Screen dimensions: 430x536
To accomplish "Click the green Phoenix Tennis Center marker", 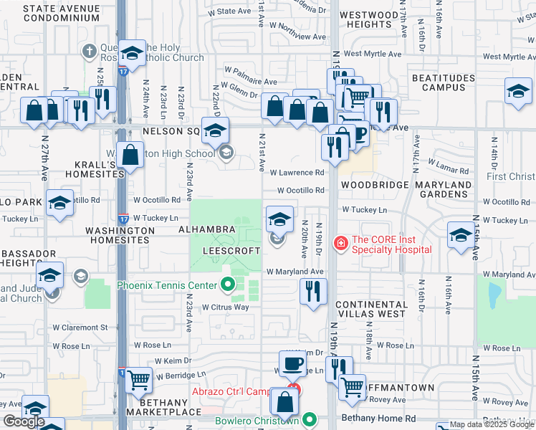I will [228, 286].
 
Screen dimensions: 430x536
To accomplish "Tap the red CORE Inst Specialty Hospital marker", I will [340, 244].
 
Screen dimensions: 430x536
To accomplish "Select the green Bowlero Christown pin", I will [310, 419].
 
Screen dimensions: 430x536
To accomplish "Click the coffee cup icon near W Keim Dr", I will [292, 364].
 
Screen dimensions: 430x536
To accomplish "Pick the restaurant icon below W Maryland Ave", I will [312, 290].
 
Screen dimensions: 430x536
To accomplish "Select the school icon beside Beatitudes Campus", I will [518, 92].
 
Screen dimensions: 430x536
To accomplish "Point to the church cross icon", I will [89, 52].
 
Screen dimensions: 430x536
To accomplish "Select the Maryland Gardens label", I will [444, 189].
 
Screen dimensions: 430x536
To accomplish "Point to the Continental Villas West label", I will [371, 309].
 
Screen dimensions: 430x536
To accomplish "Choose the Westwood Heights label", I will [368, 19].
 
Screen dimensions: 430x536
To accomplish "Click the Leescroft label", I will [231, 252].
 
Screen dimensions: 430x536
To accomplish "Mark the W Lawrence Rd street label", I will [297, 173].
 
